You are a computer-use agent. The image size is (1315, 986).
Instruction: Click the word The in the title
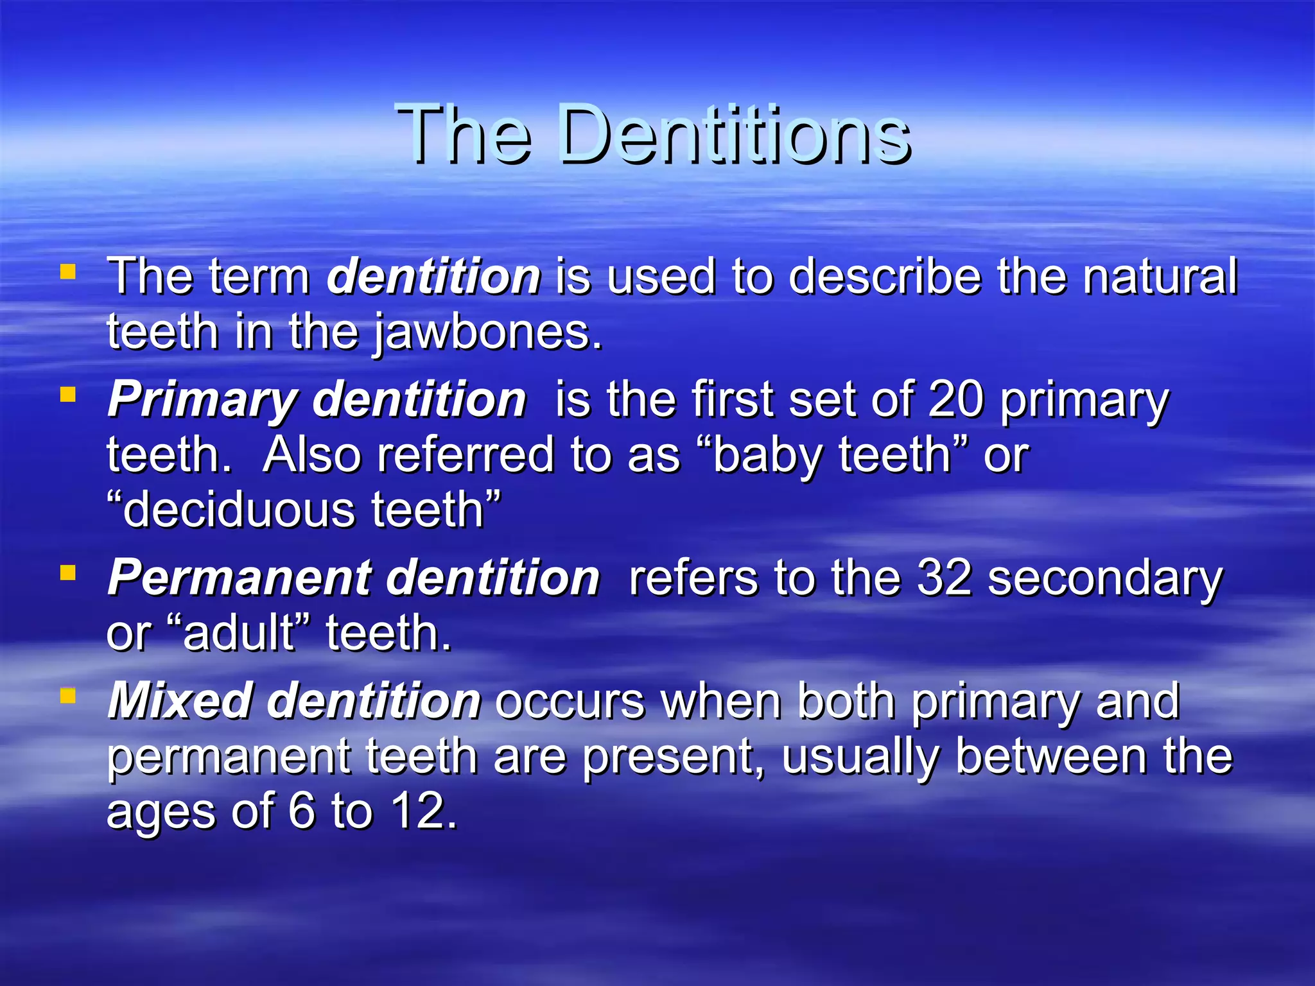pos(464,135)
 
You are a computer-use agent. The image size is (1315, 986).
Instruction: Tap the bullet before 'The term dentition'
pos(67,272)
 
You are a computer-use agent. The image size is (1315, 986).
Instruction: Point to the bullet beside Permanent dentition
pos(67,571)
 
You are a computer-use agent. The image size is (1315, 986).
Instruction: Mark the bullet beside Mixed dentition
pos(67,695)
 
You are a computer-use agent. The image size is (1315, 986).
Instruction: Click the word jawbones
pos(488,333)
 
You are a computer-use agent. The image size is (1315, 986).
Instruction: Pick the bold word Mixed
pos(179,700)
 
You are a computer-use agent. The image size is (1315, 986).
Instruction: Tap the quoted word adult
pos(238,633)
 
